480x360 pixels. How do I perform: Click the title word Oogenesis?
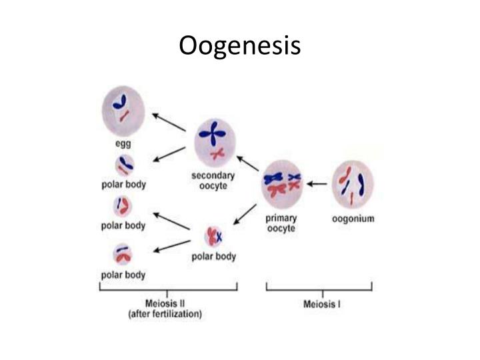(x=240, y=46)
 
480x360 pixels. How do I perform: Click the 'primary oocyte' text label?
(x=281, y=223)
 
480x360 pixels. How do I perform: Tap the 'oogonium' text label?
(x=353, y=218)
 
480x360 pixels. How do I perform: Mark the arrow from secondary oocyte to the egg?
(x=169, y=123)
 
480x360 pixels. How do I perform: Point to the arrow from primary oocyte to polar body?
(x=245, y=215)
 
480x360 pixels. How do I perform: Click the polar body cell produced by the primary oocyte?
(x=215, y=237)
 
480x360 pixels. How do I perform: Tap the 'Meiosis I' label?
(x=323, y=305)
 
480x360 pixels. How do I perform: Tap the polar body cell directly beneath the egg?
(x=124, y=165)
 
